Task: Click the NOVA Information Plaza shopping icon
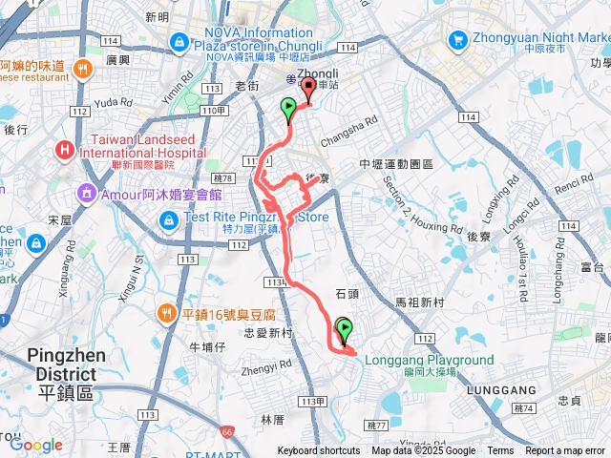179,42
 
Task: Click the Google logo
35,445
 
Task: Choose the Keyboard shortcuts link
319,451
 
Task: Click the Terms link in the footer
500,451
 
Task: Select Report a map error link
566,451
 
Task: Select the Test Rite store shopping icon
168,221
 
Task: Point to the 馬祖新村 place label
420,302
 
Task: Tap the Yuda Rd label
114,101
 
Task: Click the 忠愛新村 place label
267,333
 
